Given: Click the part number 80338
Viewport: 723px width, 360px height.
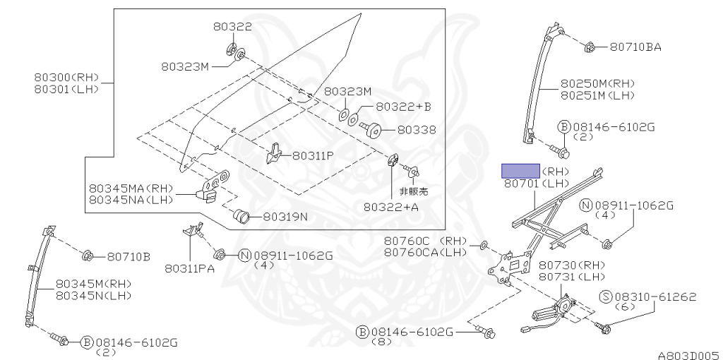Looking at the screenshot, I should pyautogui.click(x=416, y=130).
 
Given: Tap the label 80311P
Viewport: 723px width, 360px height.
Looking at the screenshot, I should pyautogui.click(x=313, y=155).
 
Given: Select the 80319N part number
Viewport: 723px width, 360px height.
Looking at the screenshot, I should pyautogui.click(x=285, y=217).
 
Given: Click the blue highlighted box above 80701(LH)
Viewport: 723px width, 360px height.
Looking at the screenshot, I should pyautogui.click(x=520, y=171).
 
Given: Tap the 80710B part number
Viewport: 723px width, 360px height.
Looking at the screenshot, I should pyautogui.click(x=128, y=256).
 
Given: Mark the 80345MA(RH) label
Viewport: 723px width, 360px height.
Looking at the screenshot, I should pyautogui.click(x=131, y=188).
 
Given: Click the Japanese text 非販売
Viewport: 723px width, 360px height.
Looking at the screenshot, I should pyautogui.click(x=414, y=191).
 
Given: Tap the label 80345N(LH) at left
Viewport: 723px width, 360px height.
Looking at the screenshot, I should pyautogui.click(x=94, y=294).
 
